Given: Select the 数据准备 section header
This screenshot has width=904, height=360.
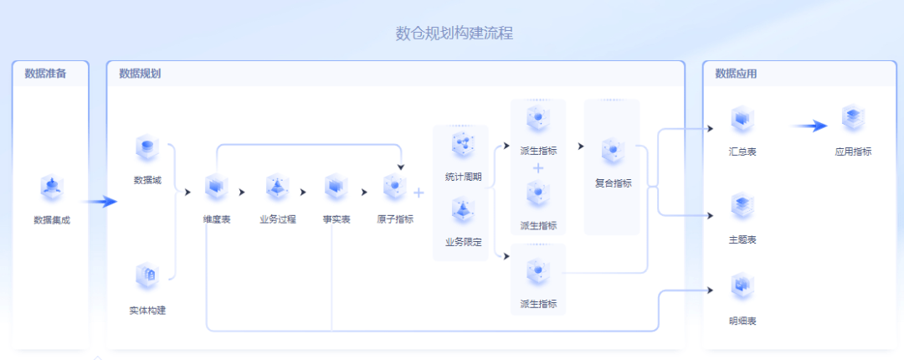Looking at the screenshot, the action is click(45, 74).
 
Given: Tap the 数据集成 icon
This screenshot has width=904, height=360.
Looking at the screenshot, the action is click(53, 188).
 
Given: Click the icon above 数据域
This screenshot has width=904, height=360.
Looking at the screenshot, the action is click(147, 148).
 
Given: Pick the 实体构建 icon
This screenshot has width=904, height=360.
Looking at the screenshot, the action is click(147, 276).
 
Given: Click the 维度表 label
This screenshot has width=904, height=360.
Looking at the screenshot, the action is click(217, 220).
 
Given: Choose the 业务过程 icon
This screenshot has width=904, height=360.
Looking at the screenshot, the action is click(277, 188).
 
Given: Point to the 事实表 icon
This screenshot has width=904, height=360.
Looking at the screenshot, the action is click(336, 188).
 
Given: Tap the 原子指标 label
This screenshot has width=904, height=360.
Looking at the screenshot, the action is click(395, 220).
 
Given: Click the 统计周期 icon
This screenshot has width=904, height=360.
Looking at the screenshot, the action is click(463, 145).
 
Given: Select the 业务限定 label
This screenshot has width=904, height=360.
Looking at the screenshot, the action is click(463, 242).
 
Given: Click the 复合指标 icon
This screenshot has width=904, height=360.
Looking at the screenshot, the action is click(614, 151).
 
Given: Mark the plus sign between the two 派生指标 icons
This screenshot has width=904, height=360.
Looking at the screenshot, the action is click(538, 168).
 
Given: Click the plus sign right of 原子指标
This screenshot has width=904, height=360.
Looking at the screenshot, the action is click(419, 193).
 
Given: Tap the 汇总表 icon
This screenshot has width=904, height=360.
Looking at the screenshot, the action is click(742, 119).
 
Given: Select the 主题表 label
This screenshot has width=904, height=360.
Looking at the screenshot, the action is click(742, 240).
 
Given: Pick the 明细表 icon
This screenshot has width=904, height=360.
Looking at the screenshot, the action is click(742, 286).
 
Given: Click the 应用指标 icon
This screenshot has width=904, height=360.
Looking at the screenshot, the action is click(853, 119).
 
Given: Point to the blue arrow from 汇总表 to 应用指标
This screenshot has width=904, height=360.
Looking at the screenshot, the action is click(809, 126).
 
